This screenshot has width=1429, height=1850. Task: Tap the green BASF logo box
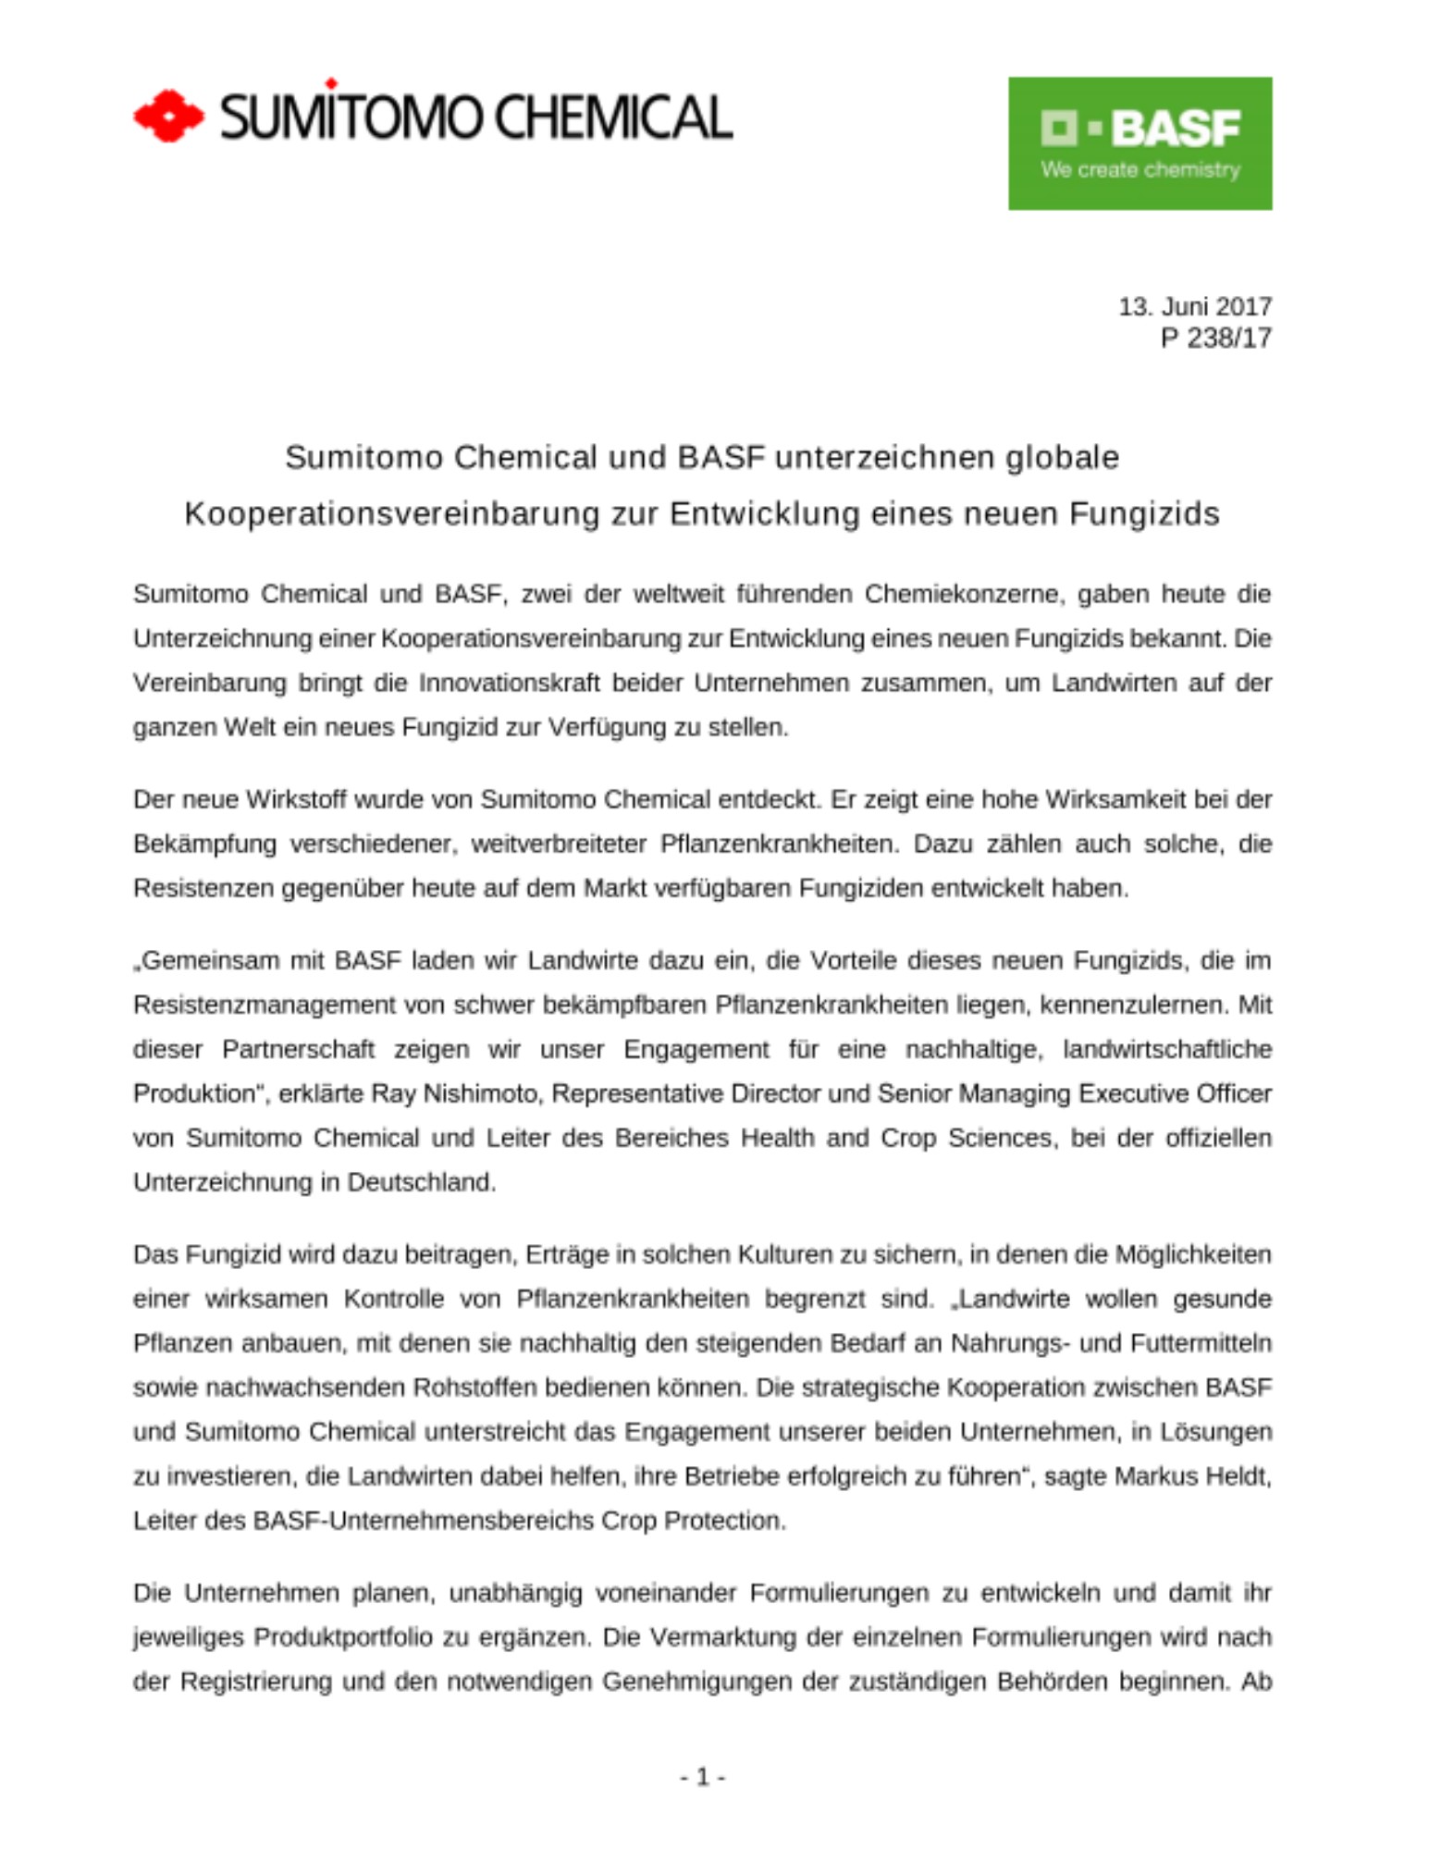[x=1140, y=143]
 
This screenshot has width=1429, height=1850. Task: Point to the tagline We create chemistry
[x=1140, y=170]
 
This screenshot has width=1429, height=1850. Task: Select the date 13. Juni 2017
[x=1194, y=306]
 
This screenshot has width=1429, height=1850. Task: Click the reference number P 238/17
[x=1215, y=339]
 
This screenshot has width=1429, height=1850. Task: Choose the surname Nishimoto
[x=480, y=1093]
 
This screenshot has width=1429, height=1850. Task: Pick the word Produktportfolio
[x=343, y=1637]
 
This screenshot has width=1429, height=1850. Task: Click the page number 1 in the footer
[x=703, y=1777]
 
